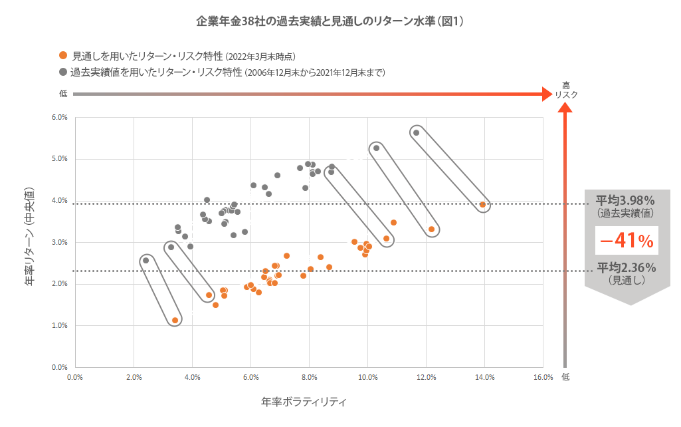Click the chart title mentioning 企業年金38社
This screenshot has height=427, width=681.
pyautogui.click(x=330, y=21)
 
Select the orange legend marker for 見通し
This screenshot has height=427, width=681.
pyautogui.click(x=63, y=56)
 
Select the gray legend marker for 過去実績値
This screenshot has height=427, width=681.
pyautogui.click(x=63, y=71)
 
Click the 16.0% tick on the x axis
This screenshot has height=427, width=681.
pyautogui.click(x=543, y=378)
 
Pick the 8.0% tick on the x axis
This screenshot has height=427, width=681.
pyautogui.click(x=309, y=378)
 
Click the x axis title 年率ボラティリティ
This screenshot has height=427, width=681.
pyautogui.click(x=305, y=402)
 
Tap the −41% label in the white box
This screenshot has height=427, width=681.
pyautogui.click(x=626, y=241)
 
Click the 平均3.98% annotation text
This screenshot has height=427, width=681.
pyautogui.click(x=625, y=200)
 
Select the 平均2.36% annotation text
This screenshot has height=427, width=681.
pyautogui.click(x=625, y=267)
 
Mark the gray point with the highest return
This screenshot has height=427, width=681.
pyautogui.click(x=417, y=132)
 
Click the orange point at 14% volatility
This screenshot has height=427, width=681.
pyautogui.click(x=482, y=204)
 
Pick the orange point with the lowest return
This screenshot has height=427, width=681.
pyautogui.click(x=175, y=320)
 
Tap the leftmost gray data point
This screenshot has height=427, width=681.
pyautogui.click(x=146, y=260)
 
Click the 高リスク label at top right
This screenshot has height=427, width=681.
pyautogui.click(x=566, y=90)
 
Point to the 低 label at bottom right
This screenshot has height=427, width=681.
pyautogui.click(x=565, y=376)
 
